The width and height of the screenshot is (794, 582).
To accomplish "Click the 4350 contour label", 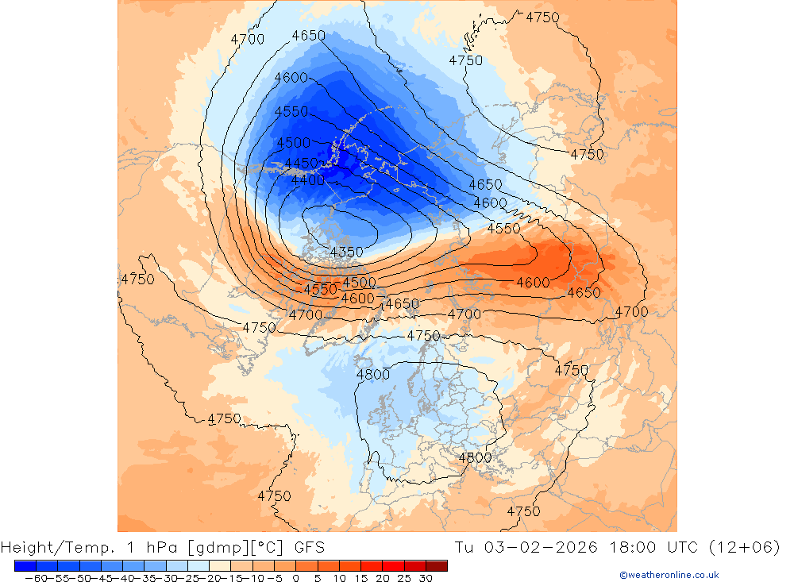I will [346, 252].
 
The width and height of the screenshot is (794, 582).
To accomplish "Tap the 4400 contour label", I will [308, 180].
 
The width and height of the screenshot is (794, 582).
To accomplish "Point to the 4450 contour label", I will [302, 163].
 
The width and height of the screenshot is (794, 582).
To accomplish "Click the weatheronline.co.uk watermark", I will [669, 575].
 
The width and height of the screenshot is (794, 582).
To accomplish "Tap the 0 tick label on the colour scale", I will [295, 578].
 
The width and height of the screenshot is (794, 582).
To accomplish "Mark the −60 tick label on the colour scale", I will [35, 578].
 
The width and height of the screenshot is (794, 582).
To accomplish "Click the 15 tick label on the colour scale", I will [360, 578].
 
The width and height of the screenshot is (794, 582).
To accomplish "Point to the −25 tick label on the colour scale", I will [186, 578].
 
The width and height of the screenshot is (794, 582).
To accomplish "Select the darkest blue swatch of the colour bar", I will [25, 565].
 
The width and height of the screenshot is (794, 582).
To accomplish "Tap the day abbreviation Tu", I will [465, 547].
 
